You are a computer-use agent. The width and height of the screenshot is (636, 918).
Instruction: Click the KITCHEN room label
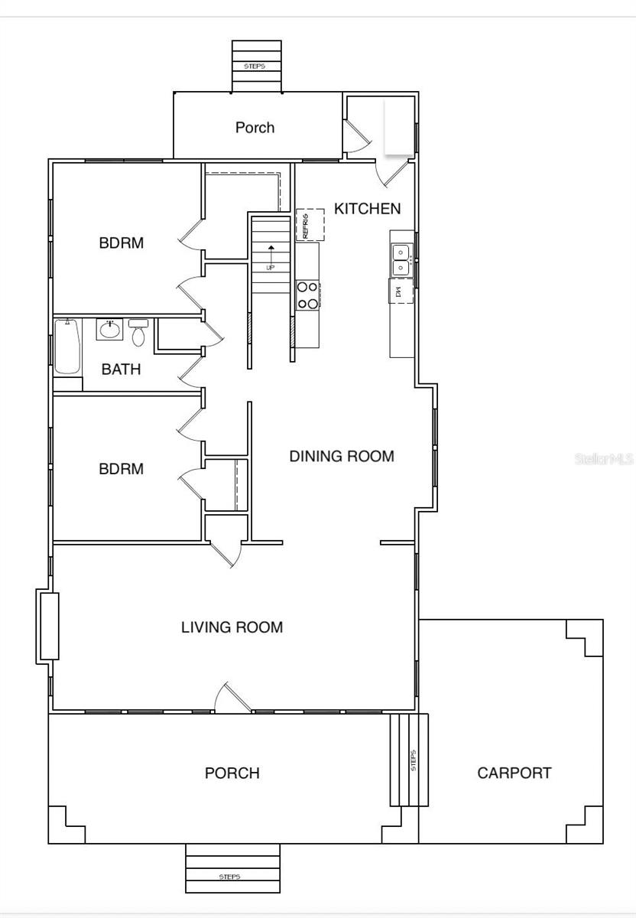pos(367,208)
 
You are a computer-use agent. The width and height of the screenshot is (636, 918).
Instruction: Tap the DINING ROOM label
pos(342,457)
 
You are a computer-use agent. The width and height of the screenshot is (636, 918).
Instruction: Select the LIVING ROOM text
pos(232,627)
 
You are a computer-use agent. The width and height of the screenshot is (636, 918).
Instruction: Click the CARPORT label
pos(514,773)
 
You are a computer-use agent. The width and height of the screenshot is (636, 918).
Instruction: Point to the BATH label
pos(121,369)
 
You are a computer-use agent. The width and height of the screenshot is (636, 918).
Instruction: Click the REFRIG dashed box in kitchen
pos(310,225)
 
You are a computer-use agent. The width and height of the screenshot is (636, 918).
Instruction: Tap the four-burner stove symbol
pos(307,295)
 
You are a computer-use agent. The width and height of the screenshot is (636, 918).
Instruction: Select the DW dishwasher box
pos(401,291)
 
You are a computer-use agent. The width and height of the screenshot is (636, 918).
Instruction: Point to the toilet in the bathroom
pos(138,333)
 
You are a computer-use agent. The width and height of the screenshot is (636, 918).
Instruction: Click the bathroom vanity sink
pos(109,330)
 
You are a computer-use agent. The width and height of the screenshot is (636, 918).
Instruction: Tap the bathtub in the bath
pos(67,348)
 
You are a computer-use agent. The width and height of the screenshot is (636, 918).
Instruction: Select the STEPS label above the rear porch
pos(255,67)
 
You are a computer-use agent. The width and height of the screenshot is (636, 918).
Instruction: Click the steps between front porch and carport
pos(409,760)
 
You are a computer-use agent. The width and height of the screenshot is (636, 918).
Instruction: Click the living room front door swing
pos(232,698)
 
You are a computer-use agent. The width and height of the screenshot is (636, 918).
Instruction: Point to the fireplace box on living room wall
pos(47,626)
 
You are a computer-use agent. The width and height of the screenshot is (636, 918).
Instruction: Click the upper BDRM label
pos(121,243)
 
